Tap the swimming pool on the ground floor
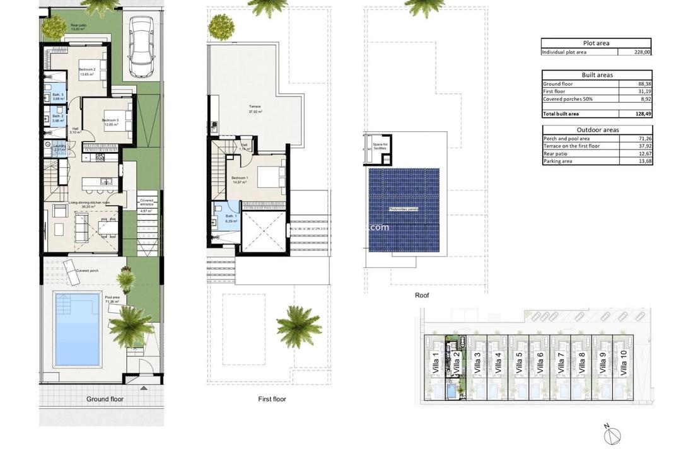click(x=78, y=329)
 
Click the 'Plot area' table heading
click(x=596, y=43)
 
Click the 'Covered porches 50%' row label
click(x=567, y=99)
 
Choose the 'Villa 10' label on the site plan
click(x=624, y=363)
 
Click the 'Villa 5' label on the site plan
click(x=519, y=364)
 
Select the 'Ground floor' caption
click(x=105, y=399)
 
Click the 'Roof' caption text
click(x=422, y=295)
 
